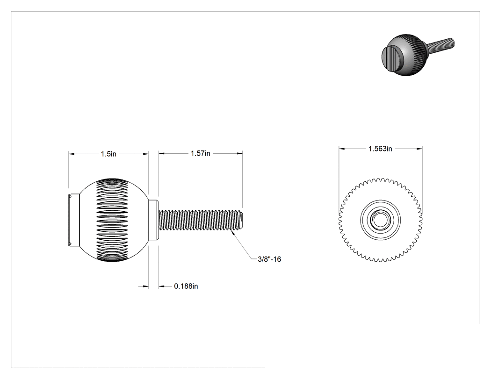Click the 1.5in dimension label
point(108,154)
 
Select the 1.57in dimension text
point(201,153)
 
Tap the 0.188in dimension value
point(186,286)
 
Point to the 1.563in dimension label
point(380,149)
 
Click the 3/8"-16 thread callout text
point(269,259)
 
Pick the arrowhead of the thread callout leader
point(231,231)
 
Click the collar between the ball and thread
point(153,220)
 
